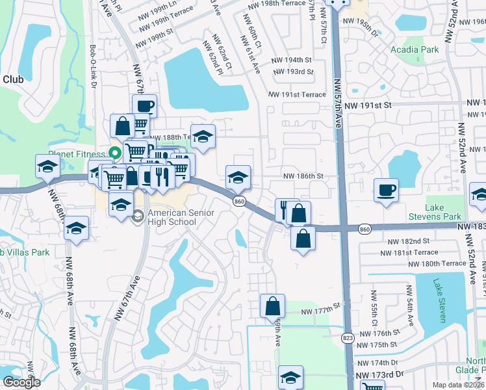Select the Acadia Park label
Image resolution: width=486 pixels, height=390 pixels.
coord(415,49)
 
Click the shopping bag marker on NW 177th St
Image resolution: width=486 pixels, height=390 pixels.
coord(273,306)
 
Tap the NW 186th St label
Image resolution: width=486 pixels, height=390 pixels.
coord(303,176)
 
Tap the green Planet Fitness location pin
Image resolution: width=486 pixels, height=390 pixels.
coord(115,154)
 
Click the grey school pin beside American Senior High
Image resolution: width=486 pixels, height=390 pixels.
coord(137,216)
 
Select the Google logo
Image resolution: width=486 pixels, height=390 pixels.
coord(21,382)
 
